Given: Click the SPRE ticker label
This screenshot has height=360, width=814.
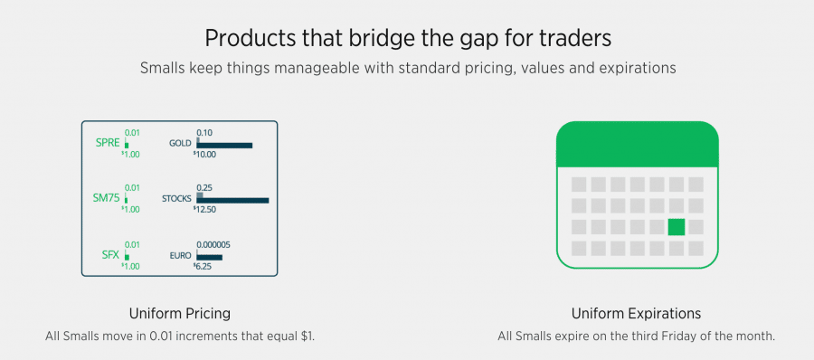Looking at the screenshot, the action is point(108,143).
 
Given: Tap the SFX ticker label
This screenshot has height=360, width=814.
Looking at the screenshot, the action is point(111,254).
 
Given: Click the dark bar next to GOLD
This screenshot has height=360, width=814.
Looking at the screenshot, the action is point(224,146).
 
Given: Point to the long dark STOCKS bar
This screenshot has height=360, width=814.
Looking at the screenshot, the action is point(232,201).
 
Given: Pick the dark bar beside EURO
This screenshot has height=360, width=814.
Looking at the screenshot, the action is point(209,257).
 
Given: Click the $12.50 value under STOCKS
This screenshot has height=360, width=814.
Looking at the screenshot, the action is point(204,209).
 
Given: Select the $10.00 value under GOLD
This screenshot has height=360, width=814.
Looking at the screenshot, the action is point(204,155).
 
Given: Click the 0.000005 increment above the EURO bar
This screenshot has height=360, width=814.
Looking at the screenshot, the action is point(213,245).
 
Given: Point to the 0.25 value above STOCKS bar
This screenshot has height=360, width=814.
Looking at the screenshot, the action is point(204,187).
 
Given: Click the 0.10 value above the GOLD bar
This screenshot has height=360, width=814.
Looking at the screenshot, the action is point(204,132).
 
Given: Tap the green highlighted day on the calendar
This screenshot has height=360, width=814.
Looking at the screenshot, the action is point(677,227).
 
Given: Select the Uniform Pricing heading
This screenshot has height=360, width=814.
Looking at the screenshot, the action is point(180,314).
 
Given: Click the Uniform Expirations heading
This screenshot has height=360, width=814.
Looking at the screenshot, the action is point(637,314).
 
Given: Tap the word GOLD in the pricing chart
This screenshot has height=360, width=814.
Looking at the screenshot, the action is point(181,143).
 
